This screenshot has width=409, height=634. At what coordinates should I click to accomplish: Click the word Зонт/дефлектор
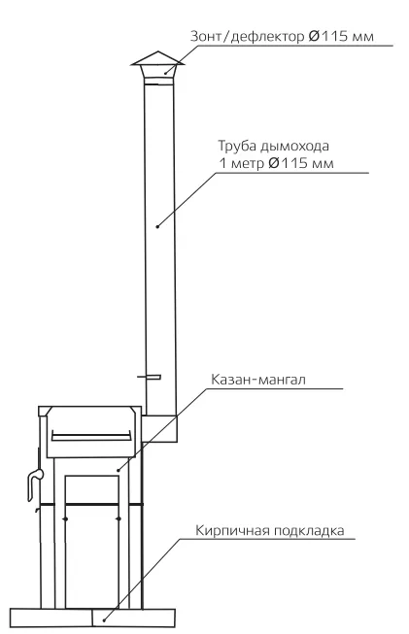[247, 36]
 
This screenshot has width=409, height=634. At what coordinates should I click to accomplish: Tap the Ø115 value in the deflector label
[328, 36]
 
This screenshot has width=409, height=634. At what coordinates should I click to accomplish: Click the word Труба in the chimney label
[236, 146]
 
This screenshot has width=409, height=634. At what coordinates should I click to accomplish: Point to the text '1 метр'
[241, 164]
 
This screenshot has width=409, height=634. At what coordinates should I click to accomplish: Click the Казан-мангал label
[258, 380]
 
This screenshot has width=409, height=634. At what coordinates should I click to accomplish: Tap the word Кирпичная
[232, 530]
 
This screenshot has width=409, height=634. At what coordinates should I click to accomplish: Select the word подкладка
[309, 530]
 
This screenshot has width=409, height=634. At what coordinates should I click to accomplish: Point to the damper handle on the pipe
[150, 377]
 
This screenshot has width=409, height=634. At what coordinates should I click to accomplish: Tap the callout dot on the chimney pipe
[157, 226]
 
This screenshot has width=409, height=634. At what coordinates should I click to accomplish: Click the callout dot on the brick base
[104, 619]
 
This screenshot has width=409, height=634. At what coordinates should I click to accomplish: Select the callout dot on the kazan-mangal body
[119, 470]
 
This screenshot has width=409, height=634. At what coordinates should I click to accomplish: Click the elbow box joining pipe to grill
[159, 428]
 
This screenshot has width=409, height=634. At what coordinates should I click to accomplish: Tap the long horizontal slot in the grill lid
[91, 438]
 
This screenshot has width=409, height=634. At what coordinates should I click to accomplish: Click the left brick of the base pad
[51, 618]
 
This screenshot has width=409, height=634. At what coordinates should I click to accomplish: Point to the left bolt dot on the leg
[65, 518]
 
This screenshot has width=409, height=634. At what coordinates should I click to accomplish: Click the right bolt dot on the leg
[119, 518]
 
